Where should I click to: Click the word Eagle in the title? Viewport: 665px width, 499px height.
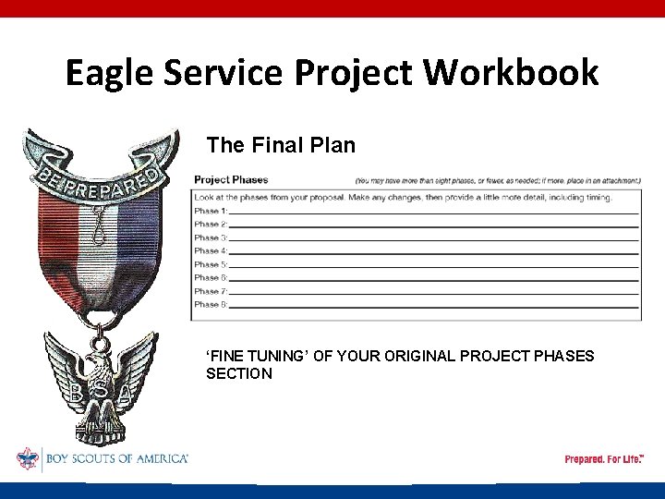pyautogui.click(x=109, y=72)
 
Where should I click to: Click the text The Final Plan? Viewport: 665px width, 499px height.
pyautogui.click(x=281, y=145)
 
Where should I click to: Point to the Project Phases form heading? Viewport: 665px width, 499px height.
pyautogui.click(x=231, y=179)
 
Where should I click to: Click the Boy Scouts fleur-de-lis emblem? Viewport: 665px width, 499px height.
pyautogui.click(x=28, y=458)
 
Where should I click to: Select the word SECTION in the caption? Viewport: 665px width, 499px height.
pyautogui.click(x=239, y=373)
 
